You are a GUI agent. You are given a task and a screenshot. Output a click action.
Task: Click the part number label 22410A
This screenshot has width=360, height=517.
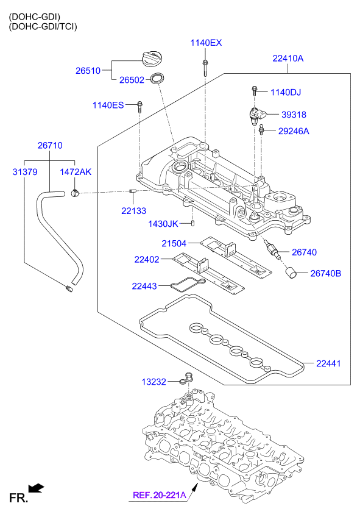pyautogui.click(x=288, y=59)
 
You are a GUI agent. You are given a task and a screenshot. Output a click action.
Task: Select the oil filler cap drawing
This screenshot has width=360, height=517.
pyautogui.click(x=153, y=59)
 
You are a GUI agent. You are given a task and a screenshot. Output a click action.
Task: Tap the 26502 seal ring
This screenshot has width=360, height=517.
pyautogui.click(x=157, y=79)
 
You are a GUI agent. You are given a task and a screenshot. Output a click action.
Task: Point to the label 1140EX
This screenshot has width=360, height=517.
pyautogui.click(x=206, y=43)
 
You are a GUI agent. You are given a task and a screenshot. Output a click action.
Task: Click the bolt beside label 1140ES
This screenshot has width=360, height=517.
pyautogui.click(x=140, y=106)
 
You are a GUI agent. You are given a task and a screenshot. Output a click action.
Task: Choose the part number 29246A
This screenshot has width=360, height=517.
pyautogui.click(x=294, y=131)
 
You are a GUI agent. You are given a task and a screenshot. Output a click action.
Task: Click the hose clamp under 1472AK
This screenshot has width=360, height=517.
pyautogui.click(x=75, y=192)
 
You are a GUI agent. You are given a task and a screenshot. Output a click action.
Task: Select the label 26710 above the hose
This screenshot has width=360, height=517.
pyautogui.click(x=50, y=145)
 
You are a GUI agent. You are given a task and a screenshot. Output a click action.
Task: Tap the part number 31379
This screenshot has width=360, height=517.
pyautogui.click(x=25, y=172)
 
